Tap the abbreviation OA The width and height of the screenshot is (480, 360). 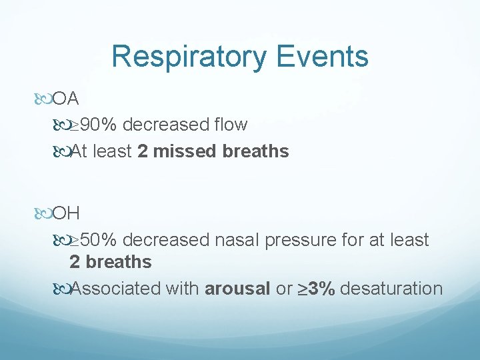(x=66, y=99)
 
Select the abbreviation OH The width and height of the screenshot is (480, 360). (x=67, y=214)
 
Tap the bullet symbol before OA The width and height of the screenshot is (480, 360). (x=44, y=100)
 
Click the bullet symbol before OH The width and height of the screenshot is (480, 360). (x=44, y=215)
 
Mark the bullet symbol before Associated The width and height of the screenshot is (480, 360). (x=62, y=289)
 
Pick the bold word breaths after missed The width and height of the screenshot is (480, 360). (x=256, y=151)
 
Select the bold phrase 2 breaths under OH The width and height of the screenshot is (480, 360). (x=111, y=262)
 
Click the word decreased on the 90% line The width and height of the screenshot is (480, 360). (x=165, y=125)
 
